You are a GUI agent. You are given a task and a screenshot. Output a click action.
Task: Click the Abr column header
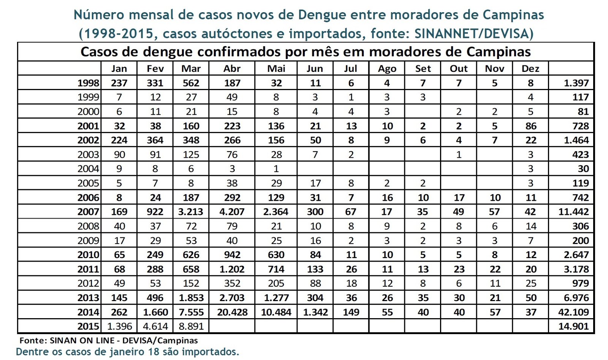[232, 69]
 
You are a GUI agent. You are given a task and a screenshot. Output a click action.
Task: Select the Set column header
[423, 69]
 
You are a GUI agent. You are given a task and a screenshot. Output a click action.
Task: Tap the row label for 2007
[88, 212]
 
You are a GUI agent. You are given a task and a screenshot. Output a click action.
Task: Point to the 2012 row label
[88, 283]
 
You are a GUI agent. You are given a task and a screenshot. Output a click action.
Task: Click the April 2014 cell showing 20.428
[232, 312]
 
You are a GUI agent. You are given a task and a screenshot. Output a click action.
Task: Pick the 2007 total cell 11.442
[573, 212]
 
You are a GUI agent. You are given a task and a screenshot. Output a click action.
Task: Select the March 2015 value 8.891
[191, 326]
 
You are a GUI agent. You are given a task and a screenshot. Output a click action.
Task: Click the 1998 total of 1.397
[576, 83]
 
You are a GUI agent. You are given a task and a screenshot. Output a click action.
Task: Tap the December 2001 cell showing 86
[530, 126]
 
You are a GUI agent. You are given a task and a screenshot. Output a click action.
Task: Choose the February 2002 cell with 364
[155, 140]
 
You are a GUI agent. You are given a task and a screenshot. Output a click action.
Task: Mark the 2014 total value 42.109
[573, 312]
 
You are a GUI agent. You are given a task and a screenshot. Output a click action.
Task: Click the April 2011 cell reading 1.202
[232, 269]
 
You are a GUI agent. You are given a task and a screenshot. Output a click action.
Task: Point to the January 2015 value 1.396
[119, 326]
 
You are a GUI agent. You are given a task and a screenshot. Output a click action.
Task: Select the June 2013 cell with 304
[315, 298]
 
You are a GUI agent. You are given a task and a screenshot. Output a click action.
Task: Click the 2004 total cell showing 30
[583, 169]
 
